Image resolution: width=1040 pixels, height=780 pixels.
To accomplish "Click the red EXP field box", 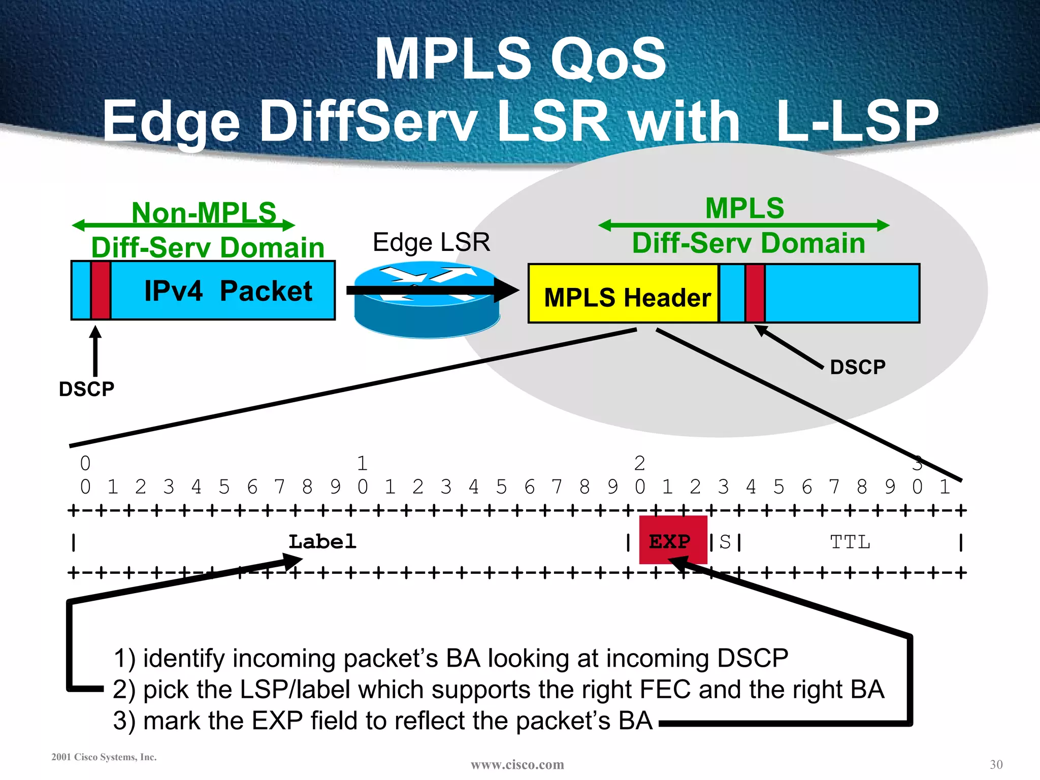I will (x=672, y=540).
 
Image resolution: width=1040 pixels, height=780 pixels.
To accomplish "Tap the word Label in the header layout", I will (x=322, y=541).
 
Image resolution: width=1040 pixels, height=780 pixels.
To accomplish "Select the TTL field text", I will (x=850, y=542).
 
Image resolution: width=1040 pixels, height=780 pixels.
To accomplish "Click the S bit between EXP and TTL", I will (x=725, y=542).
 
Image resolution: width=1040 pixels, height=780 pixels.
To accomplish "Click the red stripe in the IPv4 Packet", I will (x=101, y=290).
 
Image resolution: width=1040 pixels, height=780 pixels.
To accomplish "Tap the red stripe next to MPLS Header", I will (x=755, y=294).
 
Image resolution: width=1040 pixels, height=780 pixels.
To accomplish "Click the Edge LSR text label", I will (x=431, y=242).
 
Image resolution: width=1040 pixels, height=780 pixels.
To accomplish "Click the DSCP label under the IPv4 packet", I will (x=86, y=389).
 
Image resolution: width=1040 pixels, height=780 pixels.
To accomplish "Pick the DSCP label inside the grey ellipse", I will (x=857, y=367).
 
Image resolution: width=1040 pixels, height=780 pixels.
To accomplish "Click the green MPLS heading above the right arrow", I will (x=744, y=208).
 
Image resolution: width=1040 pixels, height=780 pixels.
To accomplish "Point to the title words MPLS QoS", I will (x=520, y=59).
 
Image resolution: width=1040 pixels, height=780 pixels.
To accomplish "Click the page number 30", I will (x=996, y=764).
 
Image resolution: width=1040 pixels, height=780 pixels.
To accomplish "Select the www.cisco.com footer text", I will (x=517, y=764).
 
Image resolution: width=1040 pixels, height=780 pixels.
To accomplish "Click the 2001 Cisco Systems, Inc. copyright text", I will (x=104, y=757).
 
